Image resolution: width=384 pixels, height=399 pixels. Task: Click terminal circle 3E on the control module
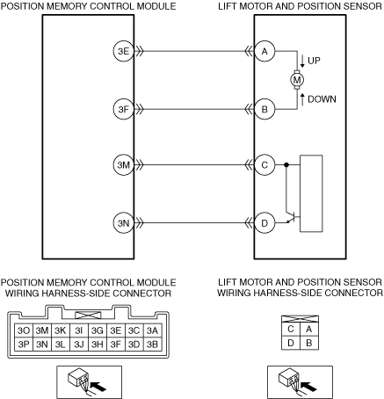(x=124, y=51)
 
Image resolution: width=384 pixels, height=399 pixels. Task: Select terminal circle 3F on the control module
(x=124, y=109)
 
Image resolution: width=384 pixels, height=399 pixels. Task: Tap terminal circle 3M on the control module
(x=124, y=165)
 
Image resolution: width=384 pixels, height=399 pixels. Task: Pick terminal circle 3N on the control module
(x=124, y=223)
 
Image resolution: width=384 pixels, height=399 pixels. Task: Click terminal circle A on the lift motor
(x=264, y=51)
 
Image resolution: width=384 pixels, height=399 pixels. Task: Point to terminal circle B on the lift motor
(x=264, y=109)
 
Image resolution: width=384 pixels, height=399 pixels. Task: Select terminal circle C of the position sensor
(x=264, y=165)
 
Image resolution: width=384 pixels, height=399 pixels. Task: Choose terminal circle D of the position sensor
(x=264, y=223)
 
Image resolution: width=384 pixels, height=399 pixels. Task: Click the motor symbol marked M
(x=297, y=80)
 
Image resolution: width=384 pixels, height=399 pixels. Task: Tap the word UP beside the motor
(x=314, y=61)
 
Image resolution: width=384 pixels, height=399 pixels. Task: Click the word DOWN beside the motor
(x=322, y=99)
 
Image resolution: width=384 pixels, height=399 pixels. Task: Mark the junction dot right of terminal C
(x=286, y=165)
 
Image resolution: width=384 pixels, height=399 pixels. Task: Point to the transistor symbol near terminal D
(x=293, y=217)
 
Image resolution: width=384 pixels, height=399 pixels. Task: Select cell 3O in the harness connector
(x=24, y=330)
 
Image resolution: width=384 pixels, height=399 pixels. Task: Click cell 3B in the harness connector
(x=152, y=344)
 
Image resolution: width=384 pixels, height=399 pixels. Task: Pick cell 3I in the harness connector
(x=79, y=330)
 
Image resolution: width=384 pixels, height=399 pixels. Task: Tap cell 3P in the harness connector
(x=24, y=344)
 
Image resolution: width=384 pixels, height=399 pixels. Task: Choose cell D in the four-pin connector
(x=291, y=343)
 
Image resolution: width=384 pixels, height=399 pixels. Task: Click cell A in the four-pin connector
(x=309, y=329)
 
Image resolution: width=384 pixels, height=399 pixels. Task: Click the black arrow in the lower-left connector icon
(x=98, y=386)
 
